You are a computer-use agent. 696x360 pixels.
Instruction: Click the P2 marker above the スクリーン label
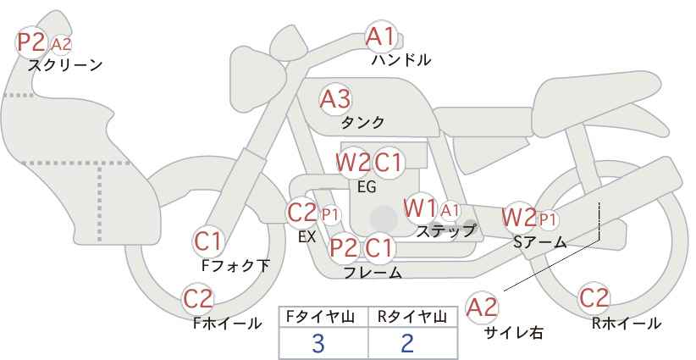point(31,42)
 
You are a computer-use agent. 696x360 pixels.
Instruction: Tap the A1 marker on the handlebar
point(380,36)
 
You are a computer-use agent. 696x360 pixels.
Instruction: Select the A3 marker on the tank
point(335,99)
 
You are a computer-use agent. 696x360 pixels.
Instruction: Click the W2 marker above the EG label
point(352,162)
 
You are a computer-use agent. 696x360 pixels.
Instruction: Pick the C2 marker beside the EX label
point(301,213)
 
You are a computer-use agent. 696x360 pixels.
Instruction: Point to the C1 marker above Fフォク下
point(208,241)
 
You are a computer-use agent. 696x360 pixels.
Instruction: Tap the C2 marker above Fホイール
point(198,299)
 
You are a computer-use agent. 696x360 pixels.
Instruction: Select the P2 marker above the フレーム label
point(344,247)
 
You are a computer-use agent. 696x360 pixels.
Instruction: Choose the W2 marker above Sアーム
point(518,218)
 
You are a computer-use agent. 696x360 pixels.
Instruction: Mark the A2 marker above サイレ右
point(482,307)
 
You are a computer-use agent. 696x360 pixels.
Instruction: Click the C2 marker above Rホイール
point(594,298)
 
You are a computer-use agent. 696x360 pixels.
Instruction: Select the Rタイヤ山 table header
point(412,317)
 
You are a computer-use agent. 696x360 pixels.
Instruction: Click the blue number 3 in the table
point(318,343)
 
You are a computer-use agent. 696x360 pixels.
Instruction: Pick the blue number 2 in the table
point(407,343)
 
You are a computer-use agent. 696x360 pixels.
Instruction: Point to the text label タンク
point(362,123)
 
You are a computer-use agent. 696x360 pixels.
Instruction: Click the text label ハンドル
point(401,59)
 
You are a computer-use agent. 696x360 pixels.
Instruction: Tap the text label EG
point(367,187)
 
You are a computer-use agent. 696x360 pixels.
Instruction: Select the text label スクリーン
point(65,65)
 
